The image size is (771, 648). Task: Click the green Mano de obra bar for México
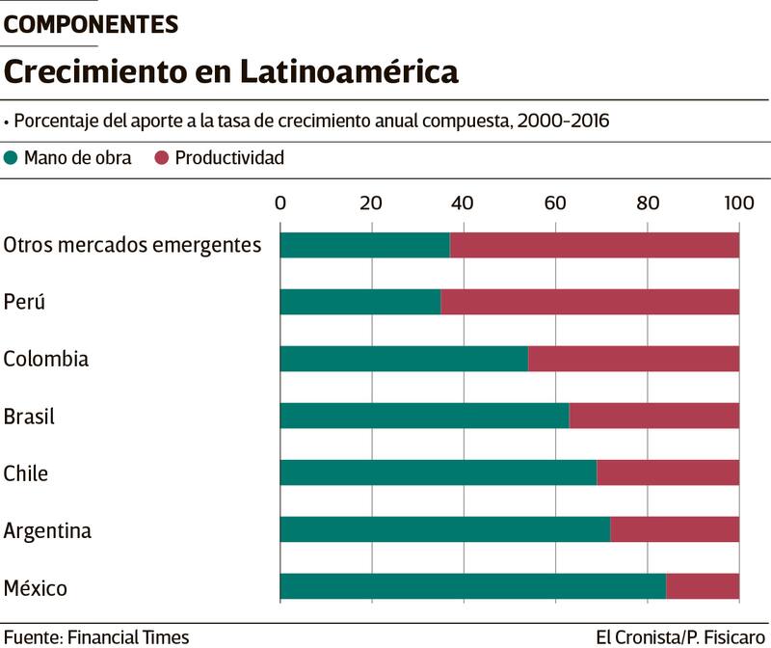click(472, 586)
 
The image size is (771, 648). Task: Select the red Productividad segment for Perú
click(590, 302)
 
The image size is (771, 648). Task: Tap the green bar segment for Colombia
click(404, 359)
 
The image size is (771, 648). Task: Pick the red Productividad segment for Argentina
click(675, 529)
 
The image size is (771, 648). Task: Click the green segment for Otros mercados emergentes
click(364, 245)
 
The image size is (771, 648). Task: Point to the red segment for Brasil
click(654, 416)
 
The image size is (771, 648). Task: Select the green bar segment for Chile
click(438, 472)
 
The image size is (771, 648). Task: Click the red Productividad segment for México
click(703, 586)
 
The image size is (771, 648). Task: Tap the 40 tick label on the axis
click(464, 202)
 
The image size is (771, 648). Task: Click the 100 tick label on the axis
click(739, 202)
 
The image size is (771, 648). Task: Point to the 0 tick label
click(280, 202)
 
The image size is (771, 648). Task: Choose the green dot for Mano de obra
click(12, 158)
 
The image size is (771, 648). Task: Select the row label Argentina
click(47, 530)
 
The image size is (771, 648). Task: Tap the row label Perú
click(25, 302)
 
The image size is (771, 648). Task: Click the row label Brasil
click(29, 417)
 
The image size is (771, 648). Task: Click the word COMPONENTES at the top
click(92, 25)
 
